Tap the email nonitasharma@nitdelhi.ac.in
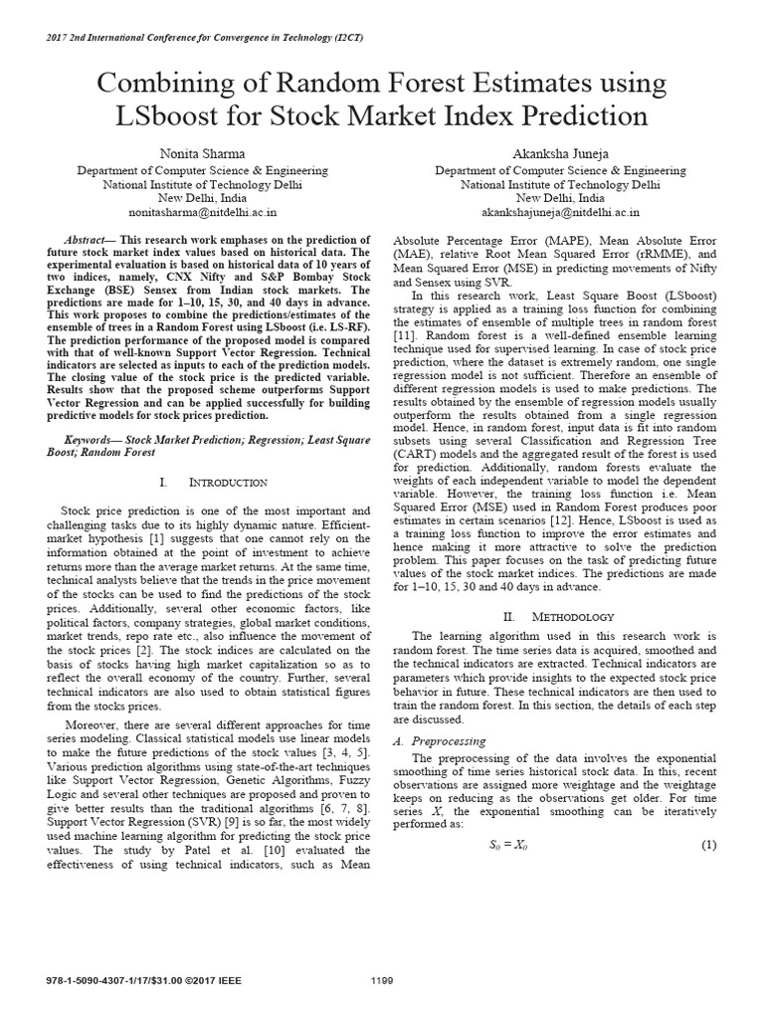(203, 213)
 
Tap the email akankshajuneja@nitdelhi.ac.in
(562, 213)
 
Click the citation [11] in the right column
(405, 323)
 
